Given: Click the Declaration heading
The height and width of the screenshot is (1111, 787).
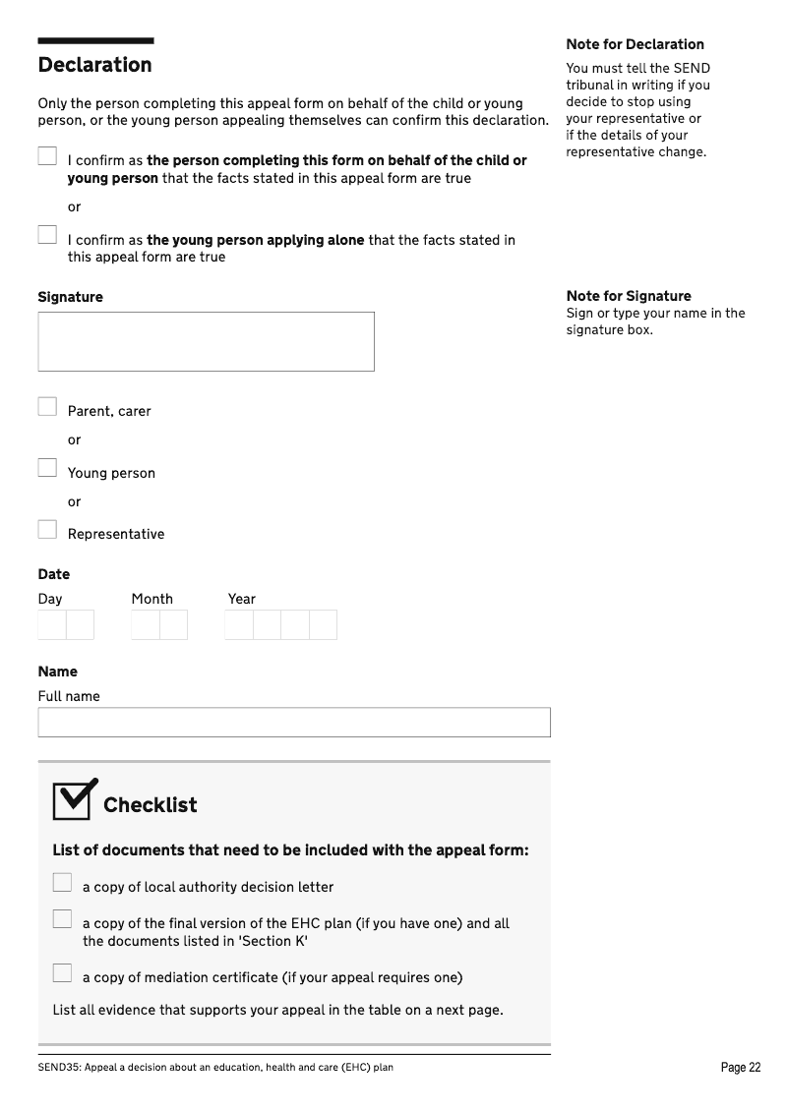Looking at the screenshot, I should tap(94, 65).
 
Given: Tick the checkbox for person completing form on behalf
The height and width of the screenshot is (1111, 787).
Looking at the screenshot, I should tap(47, 156).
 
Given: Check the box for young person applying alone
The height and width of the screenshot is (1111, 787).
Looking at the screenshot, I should tap(47, 235).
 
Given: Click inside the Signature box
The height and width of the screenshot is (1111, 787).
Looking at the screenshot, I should tap(206, 341).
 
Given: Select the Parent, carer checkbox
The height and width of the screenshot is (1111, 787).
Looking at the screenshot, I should tap(47, 406).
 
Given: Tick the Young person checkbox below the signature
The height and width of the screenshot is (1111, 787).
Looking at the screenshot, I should tap(47, 468).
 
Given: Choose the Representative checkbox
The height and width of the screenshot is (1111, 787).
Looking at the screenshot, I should tap(47, 530).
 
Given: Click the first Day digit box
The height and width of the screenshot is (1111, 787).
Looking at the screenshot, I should tap(52, 625).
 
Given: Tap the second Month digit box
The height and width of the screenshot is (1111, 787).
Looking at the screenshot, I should tap(173, 625).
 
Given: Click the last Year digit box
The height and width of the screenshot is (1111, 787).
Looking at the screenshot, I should tap(323, 625).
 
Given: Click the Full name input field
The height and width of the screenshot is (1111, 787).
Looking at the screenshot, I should tap(294, 723).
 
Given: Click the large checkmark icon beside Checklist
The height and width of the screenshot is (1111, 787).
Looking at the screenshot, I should tap(75, 799).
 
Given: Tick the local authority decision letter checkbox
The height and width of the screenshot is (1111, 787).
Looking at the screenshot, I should tap(62, 883).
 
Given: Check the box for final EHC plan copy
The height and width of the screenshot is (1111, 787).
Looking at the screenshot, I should tap(62, 919).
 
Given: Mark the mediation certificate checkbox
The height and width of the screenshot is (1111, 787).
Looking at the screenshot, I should tap(62, 973).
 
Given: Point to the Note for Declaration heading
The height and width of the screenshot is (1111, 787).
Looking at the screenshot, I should tap(635, 44).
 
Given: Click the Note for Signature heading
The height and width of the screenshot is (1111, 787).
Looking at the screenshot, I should tap(628, 296).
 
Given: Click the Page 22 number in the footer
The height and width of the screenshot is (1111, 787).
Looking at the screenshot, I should tap(740, 1068).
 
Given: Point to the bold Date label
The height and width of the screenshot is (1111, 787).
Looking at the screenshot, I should tap(54, 574).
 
